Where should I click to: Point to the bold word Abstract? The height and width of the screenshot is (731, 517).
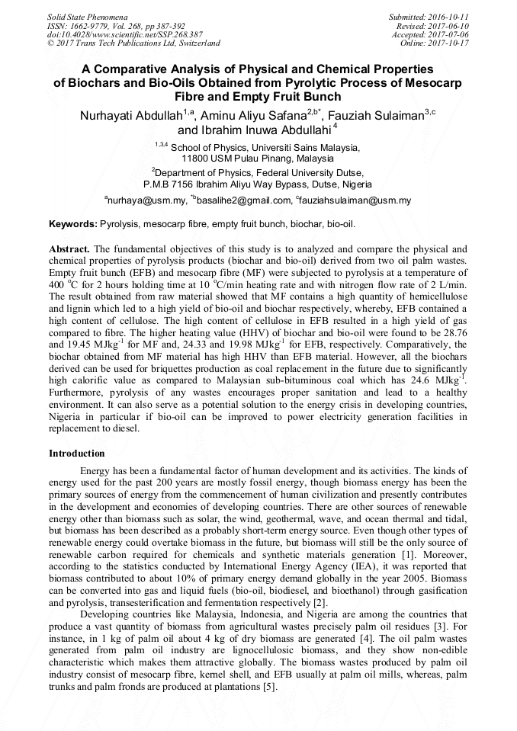click(69, 249)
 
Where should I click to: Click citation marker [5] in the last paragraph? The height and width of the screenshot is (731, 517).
click(269, 688)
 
